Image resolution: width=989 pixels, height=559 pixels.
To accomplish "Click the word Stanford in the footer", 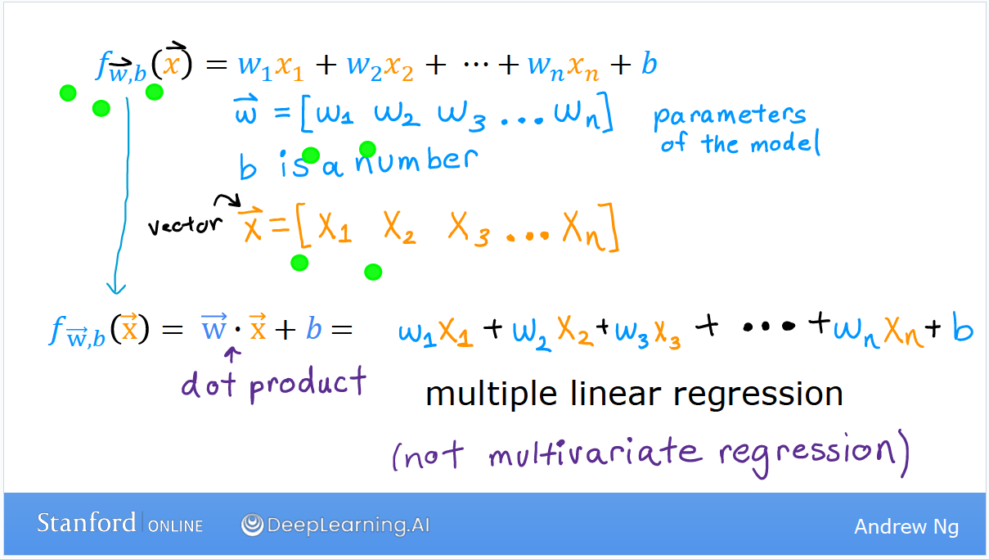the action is coord(86,523).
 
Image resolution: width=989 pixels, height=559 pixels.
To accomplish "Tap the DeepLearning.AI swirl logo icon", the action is coord(252,525).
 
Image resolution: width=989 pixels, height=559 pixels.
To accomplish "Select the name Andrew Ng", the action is coord(906,527).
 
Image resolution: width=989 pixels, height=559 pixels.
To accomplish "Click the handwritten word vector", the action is coord(185,225).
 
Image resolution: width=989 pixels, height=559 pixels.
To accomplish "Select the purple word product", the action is coord(308,384).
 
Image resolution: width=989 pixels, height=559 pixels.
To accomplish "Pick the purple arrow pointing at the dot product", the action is coord(232,354).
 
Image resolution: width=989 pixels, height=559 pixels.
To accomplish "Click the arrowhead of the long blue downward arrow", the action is coord(116,289).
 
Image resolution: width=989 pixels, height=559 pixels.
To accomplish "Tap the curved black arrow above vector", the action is coord(227,201).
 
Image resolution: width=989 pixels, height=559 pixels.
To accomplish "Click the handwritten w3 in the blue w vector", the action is coord(462,116).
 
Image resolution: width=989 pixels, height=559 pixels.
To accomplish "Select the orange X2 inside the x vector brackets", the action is coord(399,228).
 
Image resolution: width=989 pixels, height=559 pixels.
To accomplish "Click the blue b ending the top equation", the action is coord(650,64).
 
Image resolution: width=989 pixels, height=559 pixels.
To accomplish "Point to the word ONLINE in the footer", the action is coord(175,526).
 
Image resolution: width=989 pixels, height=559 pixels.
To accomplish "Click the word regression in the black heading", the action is coord(757,394).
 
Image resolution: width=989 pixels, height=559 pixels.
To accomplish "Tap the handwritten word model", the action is coord(785,143).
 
